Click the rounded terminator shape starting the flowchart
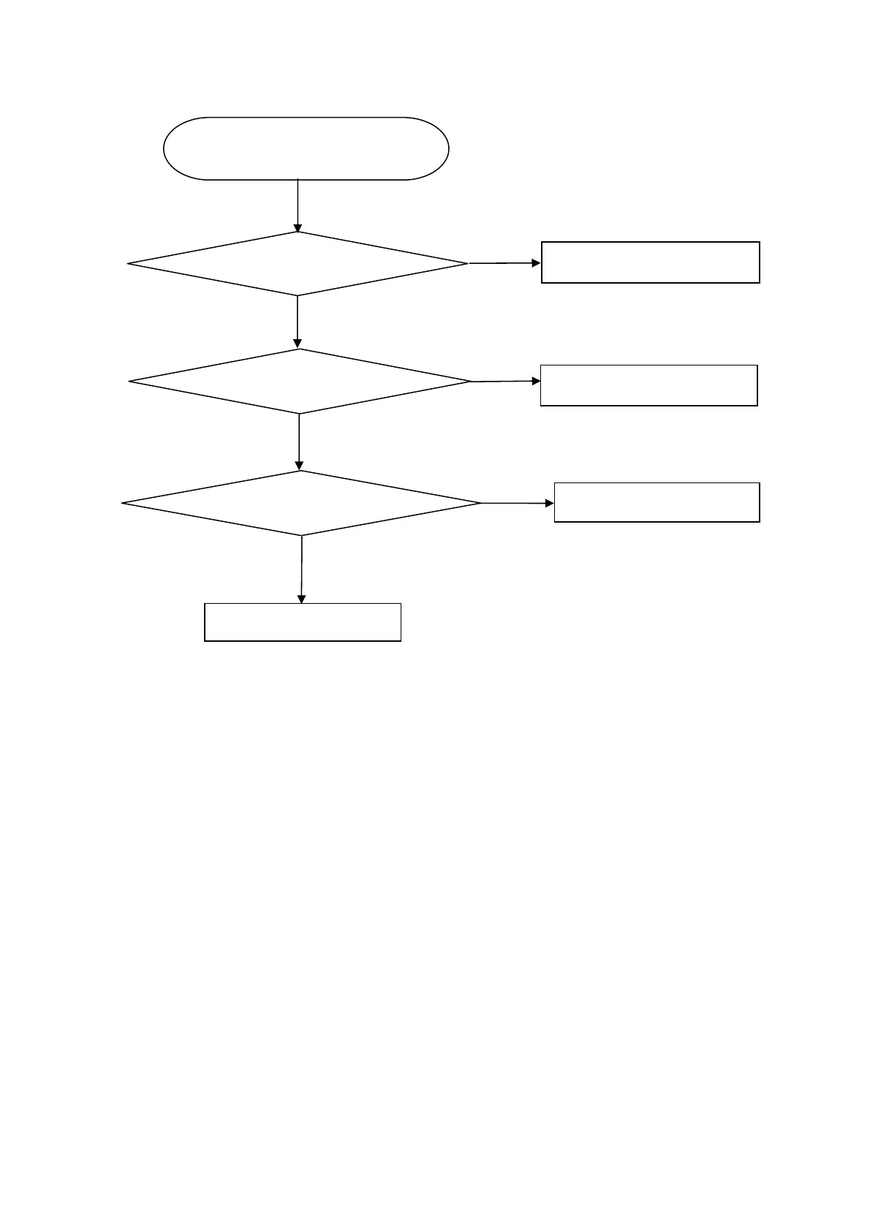pyautogui.click(x=306, y=148)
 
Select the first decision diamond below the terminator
pyautogui.click(x=298, y=264)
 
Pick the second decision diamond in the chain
pyautogui.click(x=300, y=381)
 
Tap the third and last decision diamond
pyautogui.click(x=301, y=503)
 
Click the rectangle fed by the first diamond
pyautogui.click(x=650, y=262)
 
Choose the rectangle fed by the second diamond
pyautogui.click(x=648, y=385)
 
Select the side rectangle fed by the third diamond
pyautogui.click(x=657, y=502)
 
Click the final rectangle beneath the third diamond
pyautogui.click(x=303, y=622)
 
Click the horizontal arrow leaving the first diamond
pyautogui.click(x=503, y=262)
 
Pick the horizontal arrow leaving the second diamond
pyautogui.click(x=505, y=381)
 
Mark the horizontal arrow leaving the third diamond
pyautogui.click(x=516, y=503)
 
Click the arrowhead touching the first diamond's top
pyautogui.click(x=298, y=228)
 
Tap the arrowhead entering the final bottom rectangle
pyautogui.click(x=301, y=599)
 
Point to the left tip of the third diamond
pyautogui.click(x=124, y=503)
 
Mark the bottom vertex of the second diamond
pyautogui.click(x=300, y=413)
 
